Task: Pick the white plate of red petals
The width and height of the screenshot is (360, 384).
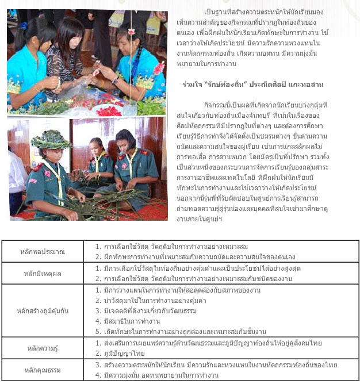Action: pyautogui.click(x=109, y=109)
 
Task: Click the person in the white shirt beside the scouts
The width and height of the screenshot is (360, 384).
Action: pyautogui.click(x=16, y=184)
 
